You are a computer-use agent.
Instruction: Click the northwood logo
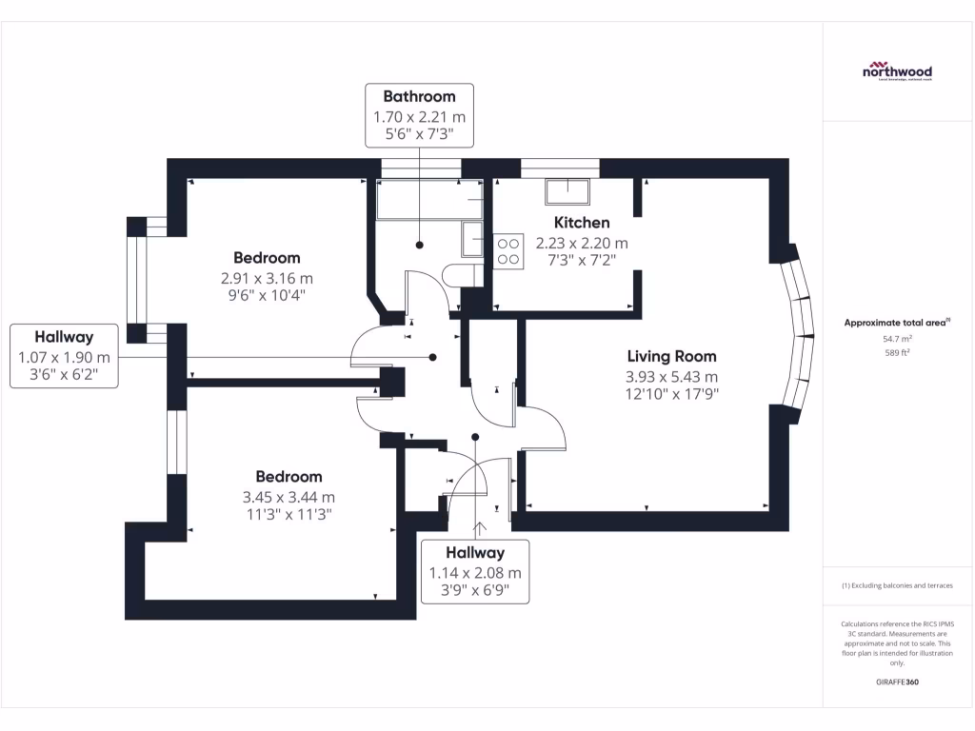pyautogui.click(x=897, y=71)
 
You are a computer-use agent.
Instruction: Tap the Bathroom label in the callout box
pyautogui.click(x=419, y=96)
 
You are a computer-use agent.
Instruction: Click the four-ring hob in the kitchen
pyautogui.click(x=507, y=250)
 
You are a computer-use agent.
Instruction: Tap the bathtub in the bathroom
pyautogui.click(x=428, y=201)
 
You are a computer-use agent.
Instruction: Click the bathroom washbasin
pyautogui.click(x=472, y=239)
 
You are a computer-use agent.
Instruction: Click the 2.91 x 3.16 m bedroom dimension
pyautogui.click(x=267, y=278)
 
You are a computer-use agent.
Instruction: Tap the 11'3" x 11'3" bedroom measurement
pyautogui.click(x=289, y=515)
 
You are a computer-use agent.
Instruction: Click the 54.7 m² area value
pyautogui.click(x=897, y=338)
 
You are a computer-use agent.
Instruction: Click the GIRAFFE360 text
pyautogui.click(x=897, y=682)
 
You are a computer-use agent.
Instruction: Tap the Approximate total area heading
pyautogui.click(x=896, y=323)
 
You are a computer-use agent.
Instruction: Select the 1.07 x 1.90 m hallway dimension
pyautogui.click(x=64, y=357)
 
